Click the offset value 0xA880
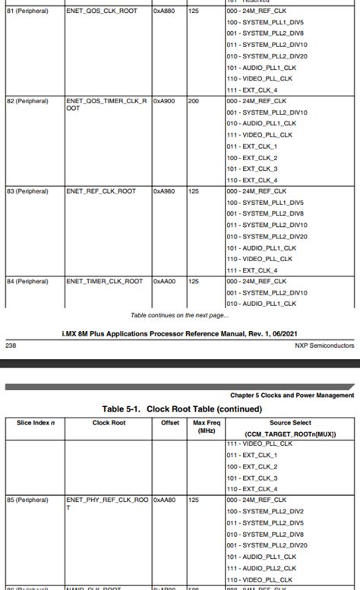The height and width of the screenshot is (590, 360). [x=164, y=11]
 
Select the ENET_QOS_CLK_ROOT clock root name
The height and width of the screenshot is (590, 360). [x=101, y=11]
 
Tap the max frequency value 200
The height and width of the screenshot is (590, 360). [x=194, y=101]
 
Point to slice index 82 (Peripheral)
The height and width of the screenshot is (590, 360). [x=28, y=101]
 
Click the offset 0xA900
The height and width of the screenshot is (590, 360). [x=164, y=101]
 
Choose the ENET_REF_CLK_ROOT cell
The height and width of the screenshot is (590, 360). [x=101, y=191]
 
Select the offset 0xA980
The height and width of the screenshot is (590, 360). [x=164, y=191]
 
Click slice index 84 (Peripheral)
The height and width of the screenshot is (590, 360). [x=28, y=281]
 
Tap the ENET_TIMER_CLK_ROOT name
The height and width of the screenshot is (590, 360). [x=104, y=281]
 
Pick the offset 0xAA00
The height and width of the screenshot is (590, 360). [x=164, y=281]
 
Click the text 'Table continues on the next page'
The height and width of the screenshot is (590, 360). [x=178, y=315]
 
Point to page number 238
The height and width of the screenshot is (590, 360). [x=11, y=345]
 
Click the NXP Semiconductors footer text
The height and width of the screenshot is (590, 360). [x=324, y=345]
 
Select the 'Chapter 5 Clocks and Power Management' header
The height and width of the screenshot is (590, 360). [x=292, y=395]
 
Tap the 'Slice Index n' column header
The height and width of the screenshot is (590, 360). [x=35, y=423]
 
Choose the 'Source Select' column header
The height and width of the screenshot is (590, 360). [x=290, y=423]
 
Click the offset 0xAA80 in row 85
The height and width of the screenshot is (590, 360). [x=164, y=500]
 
